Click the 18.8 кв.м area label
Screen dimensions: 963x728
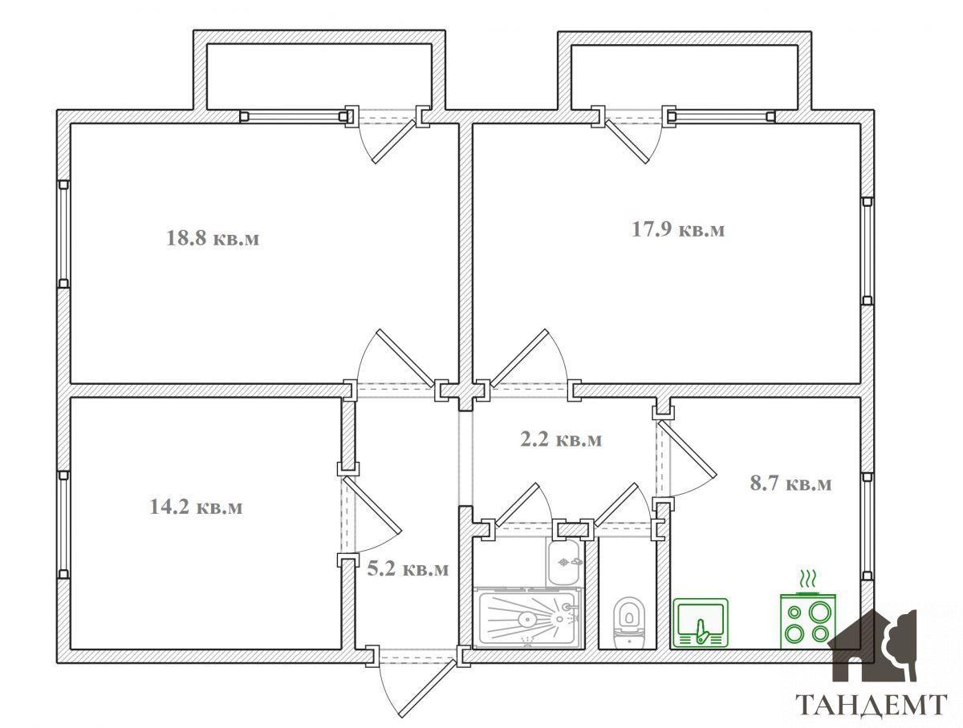coord(213,238)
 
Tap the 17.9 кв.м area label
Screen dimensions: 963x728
coord(678,229)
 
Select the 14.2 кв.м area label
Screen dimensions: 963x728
coord(196,507)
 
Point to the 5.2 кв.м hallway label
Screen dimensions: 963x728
coord(408,569)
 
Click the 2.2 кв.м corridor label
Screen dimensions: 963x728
coord(561,439)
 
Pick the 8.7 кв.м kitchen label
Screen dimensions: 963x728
coord(790,483)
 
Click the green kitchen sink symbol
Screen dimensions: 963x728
coord(701,623)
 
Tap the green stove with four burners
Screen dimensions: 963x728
coord(807,621)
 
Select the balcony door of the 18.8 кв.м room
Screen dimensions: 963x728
coord(393,141)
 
